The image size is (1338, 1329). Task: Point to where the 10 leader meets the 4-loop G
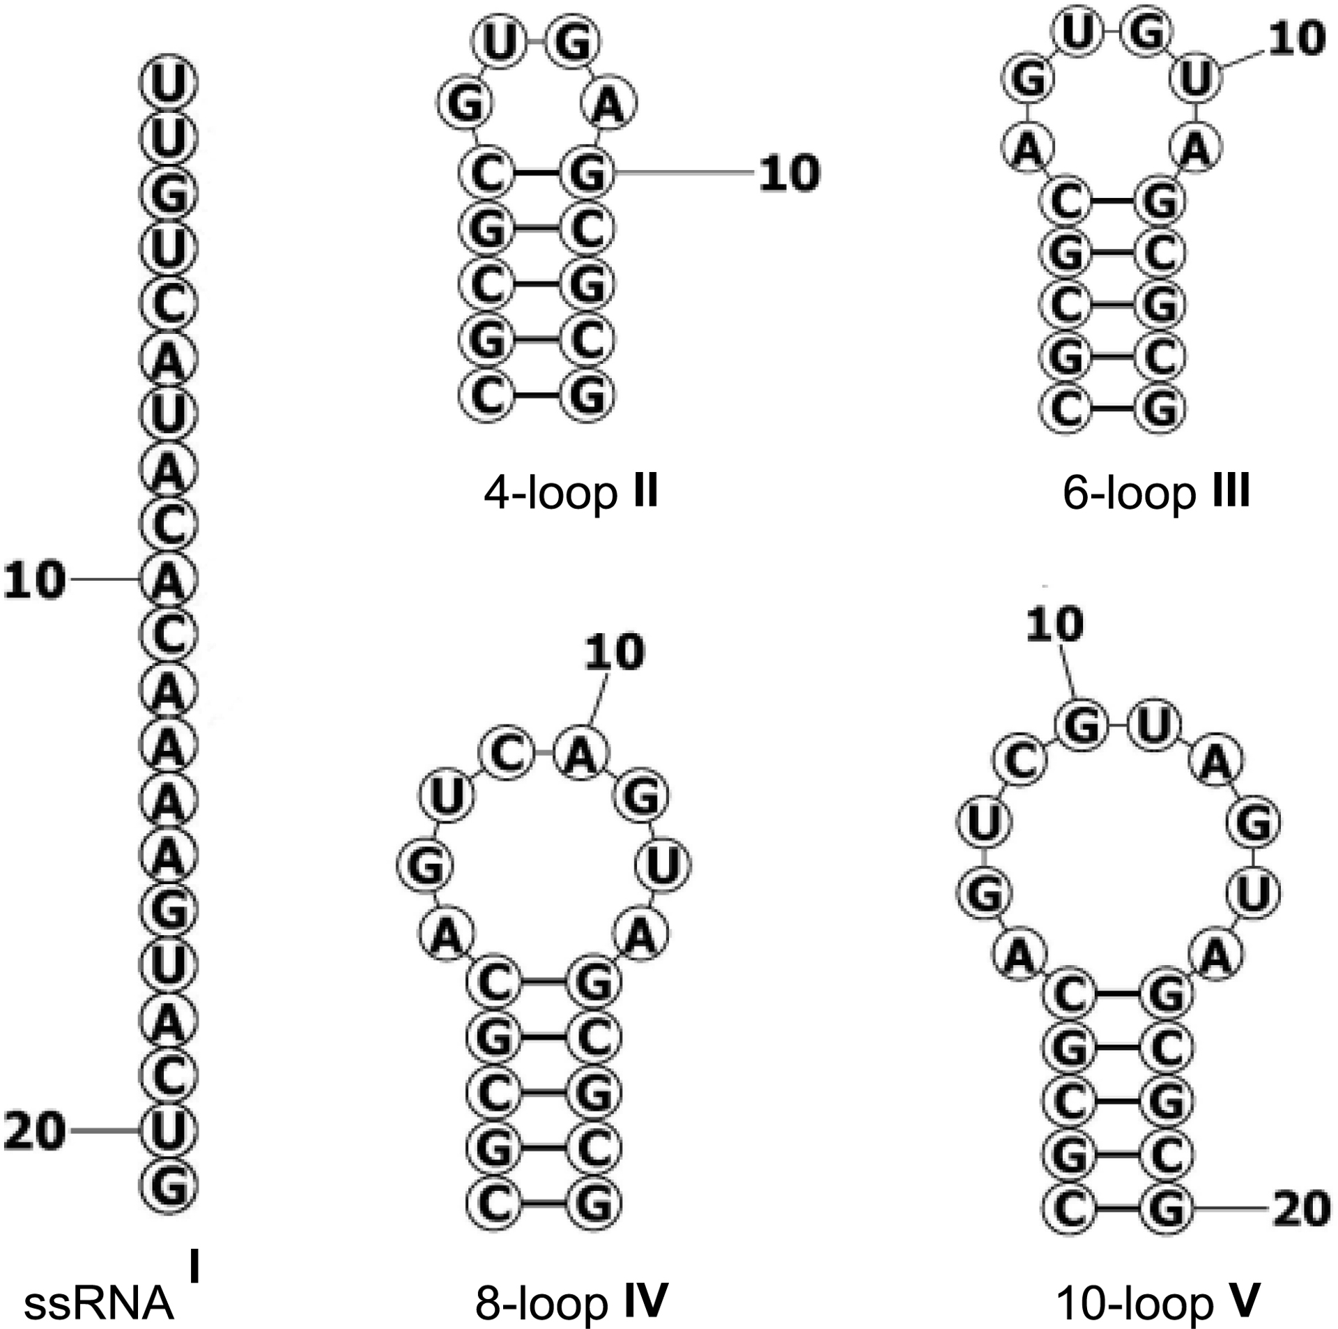pos(616,172)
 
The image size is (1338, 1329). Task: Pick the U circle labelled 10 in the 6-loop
pos(1197,81)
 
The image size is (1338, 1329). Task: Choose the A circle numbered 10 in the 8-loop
pos(583,755)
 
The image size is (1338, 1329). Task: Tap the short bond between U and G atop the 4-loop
pos(537,43)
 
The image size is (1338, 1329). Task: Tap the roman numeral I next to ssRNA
pos(194,1266)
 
